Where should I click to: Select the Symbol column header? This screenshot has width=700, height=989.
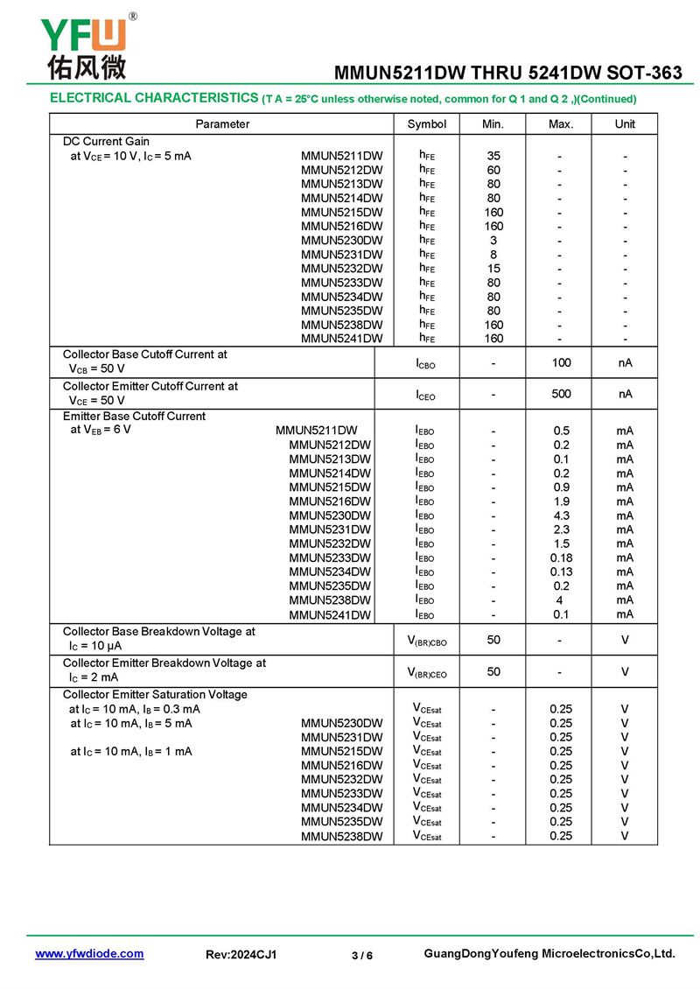click(426, 124)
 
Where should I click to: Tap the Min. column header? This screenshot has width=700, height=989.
click(493, 124)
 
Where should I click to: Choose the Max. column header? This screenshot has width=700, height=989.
click(561, 124)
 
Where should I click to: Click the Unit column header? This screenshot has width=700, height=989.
click(625, 124)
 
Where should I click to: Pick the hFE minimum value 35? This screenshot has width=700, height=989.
click(493, 156)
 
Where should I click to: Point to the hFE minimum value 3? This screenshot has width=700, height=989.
click(493, 240)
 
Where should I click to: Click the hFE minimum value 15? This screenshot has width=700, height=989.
click(493, 268)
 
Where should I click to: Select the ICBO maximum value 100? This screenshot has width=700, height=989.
click(561, 361)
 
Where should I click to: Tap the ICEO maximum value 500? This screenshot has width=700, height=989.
click(561, 394)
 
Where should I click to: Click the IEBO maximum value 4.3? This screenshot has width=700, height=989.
click(561, 516)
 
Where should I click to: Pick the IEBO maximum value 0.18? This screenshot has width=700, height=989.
click(561, 558)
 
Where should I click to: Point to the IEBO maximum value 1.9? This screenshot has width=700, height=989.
click(561, 502)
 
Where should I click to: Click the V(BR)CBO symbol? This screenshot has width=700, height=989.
click(427, 641)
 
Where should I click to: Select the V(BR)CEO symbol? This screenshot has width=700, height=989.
click(427, 672)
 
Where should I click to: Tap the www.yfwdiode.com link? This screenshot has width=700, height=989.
click(89, 954)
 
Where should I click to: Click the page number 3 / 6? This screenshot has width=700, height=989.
click(362, 955)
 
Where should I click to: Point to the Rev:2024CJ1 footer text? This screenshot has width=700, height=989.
click(241, 955)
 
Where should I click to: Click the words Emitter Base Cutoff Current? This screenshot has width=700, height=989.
click(134, 417)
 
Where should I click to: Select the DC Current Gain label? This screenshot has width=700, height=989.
click(106, 142)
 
